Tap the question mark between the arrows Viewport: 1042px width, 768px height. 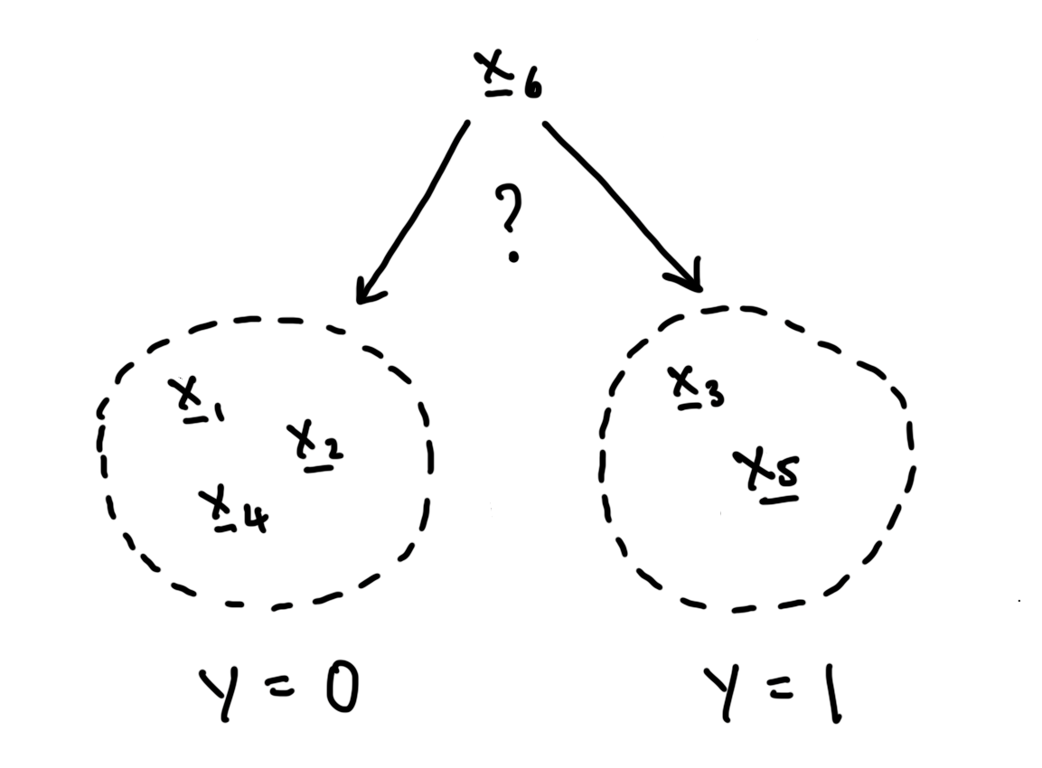point(512,221)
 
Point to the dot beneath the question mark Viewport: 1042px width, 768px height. point(513,257)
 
